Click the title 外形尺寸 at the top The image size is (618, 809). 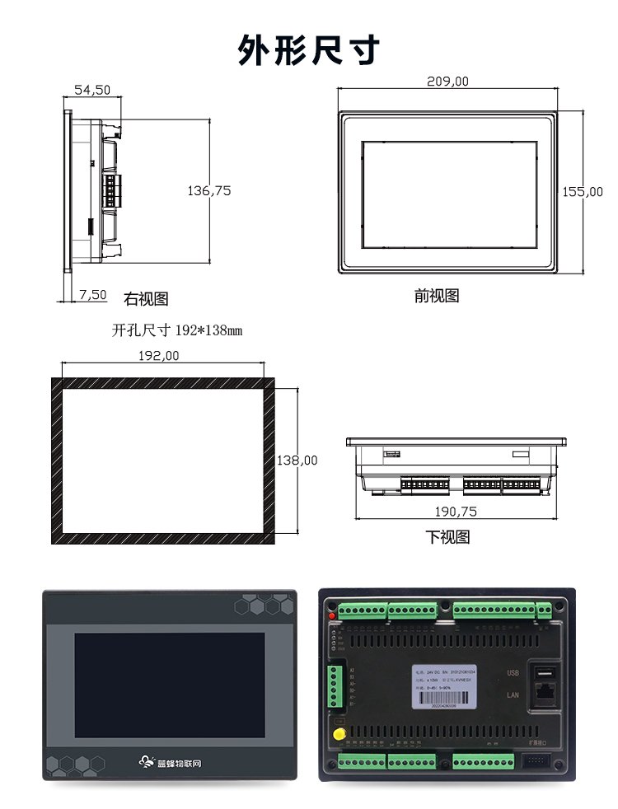click(x=309, y=49)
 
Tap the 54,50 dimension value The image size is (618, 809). click(x=92, y=91)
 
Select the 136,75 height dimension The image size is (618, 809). click(x=209, y=191)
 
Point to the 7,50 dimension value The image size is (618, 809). click(x=93, y=294)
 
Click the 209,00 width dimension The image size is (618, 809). click(x=447, y=82)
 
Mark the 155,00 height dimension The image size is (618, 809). click(x=583, y=192)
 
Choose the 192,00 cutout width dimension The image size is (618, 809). click(x=157, y=356)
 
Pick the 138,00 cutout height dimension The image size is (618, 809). click(x=297, y=461)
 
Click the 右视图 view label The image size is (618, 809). click(x=146, y=299)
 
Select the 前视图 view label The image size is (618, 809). click(x=437, y=296)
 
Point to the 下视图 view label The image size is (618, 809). click(x=447, y=537)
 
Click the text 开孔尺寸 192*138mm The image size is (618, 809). click(x=177, y=330)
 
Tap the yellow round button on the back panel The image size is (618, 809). click(x=338, y=734)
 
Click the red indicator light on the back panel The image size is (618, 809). click(x=332, y=615)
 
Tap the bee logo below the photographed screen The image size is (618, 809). click(x=148, y=762)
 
